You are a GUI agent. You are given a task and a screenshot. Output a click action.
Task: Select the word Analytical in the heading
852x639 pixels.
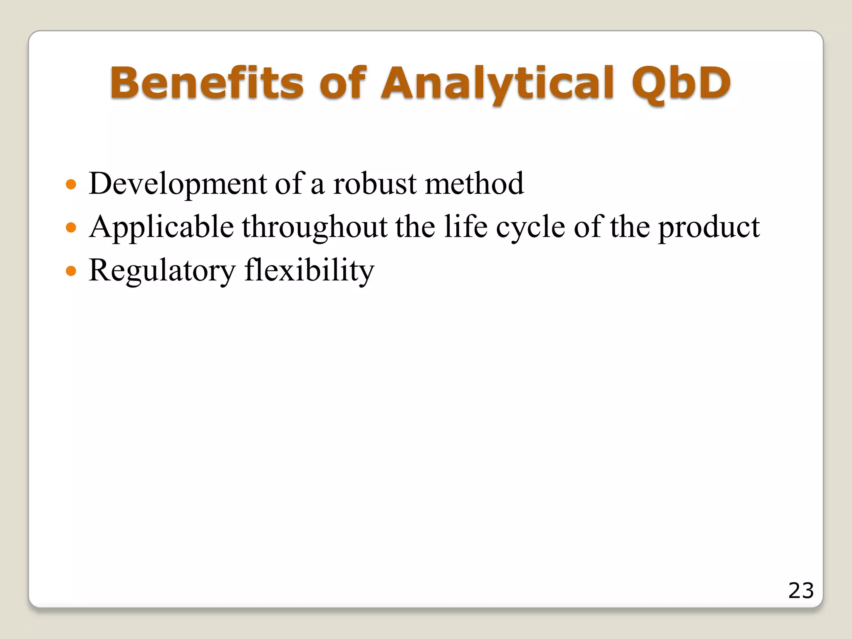pos(497,84)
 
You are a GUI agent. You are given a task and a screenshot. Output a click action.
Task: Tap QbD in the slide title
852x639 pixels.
pos(681,84)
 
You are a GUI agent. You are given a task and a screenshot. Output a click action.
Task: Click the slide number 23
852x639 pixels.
pos(801,590)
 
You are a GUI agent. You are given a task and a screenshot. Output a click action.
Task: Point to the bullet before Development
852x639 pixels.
pos(72,184)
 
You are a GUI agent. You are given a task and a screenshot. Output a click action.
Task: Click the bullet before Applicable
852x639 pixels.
pos(72,228)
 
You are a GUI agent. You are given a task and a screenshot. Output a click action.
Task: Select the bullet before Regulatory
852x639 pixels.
pos(72,271)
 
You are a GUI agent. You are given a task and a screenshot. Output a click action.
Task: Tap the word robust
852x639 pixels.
pos(374,183)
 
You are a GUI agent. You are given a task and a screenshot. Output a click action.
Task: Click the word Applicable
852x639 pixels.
pos(161,228)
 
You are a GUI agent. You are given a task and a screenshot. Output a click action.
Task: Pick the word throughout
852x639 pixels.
pos(315,228)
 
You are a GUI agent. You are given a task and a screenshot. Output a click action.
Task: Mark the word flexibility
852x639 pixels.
pos(309,270)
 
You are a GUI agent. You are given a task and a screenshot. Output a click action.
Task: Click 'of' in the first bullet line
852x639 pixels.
pos(290,183)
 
